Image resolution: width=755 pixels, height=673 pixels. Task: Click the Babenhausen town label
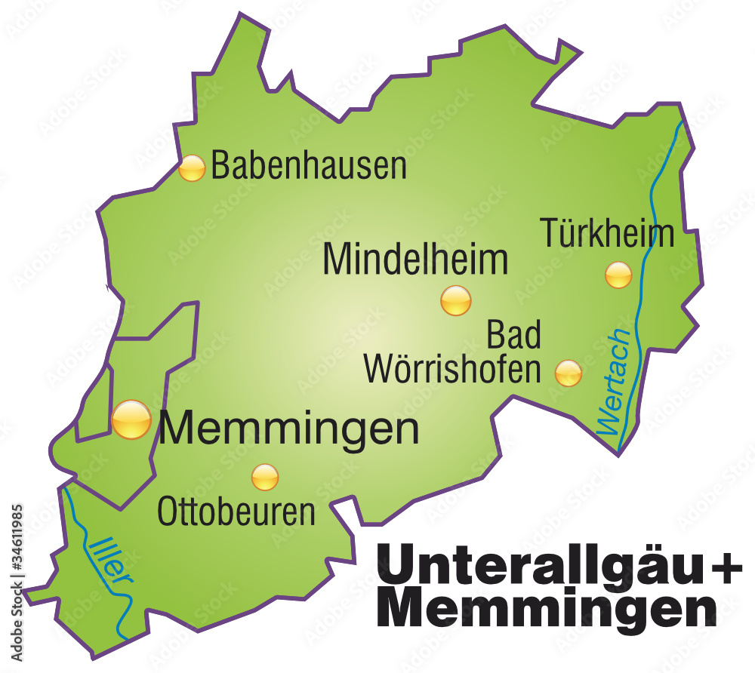click(308, 165)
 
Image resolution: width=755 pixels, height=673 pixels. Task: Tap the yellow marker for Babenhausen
click(192, 168)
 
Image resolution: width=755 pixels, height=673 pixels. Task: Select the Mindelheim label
click(415, 260)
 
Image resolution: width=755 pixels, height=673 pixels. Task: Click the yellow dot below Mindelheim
click(456, 300)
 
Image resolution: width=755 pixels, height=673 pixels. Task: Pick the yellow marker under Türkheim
click(618, 275)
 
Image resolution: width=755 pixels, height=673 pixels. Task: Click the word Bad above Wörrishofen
click(513, 335)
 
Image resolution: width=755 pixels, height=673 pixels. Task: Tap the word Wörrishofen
click(453, 370)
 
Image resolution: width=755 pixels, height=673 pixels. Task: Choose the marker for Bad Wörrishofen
click(569, 373)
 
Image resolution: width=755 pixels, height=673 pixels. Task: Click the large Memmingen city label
click(289, 429)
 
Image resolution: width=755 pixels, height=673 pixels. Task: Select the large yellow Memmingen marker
click(131, 419)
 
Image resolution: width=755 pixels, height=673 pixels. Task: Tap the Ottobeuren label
click(236, 513)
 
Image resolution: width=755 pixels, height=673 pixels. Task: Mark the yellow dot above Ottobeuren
click(265, 476)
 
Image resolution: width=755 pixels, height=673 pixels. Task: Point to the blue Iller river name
click(109, 561)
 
